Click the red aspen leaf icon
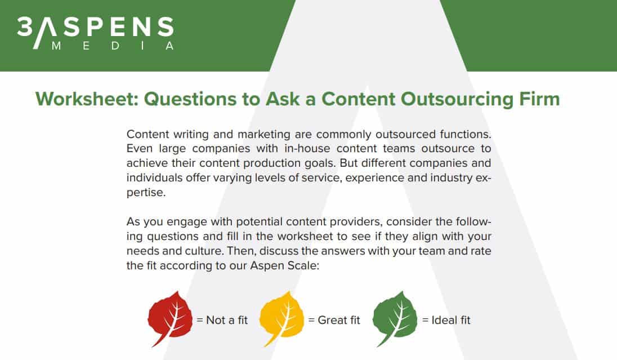point(170,317)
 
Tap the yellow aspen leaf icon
point(281,317)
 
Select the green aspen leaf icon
point(395,317)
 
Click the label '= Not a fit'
point(222,320)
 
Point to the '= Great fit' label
point(334,320)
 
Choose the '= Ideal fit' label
point(446,320)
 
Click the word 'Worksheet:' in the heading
point(87,99)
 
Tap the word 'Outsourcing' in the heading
point(457,99)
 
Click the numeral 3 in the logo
point(24,27)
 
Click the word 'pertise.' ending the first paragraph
point(146,193)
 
